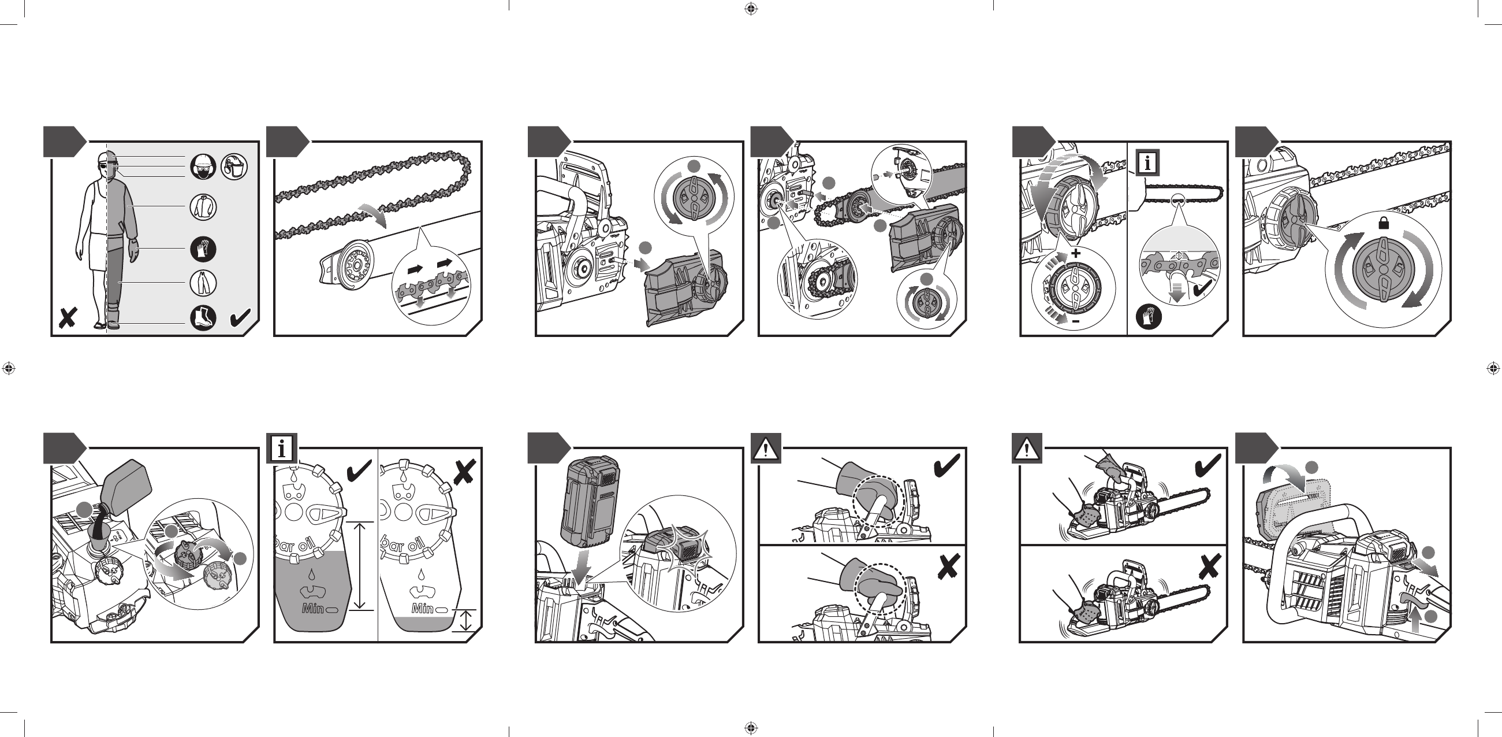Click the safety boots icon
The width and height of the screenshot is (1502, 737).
pos(203,318)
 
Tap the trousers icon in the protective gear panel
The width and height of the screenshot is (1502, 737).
pos(203,283)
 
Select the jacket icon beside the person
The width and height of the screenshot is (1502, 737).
pos(203,206)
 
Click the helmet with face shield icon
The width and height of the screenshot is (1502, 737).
pos(234,167)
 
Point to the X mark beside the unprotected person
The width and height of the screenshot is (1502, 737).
pos(68,318)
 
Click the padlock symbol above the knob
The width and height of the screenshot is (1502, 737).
pos(1384,223)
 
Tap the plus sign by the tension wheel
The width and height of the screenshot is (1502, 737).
pos(1075,253)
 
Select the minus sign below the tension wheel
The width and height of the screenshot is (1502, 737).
pos(1076,321)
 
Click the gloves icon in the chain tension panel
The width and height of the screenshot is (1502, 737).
pos(1149,317)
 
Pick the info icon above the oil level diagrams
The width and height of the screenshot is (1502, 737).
pos(282,449)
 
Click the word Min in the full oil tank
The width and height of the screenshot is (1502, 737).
pos(312,609)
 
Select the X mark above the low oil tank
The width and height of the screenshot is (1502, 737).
pos(464,472)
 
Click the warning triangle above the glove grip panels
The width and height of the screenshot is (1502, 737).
pos(766,449)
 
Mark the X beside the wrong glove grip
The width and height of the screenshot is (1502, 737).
pos(948,566)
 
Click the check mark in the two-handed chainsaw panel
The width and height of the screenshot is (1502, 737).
pos(1207,466)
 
